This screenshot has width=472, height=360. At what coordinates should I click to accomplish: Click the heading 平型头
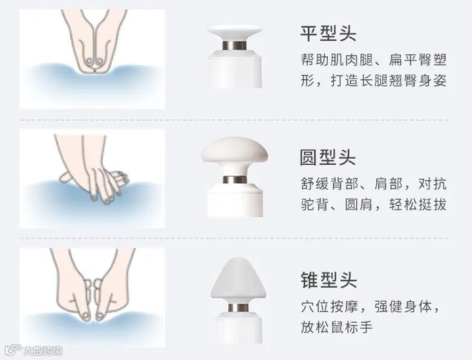pos(328,33)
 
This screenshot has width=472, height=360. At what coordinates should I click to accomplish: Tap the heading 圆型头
pos(328,157)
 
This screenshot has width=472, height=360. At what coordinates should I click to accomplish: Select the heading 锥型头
pos(328,280)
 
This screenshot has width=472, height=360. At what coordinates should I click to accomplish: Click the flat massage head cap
pos(235,32)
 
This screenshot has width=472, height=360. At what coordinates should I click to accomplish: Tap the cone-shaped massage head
pos(238,281)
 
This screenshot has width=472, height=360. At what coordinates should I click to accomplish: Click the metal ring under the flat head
pos(235,45)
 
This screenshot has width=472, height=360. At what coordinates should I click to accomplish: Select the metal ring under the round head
pos(235,180)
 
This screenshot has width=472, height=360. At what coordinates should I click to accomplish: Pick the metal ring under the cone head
pos(238,308)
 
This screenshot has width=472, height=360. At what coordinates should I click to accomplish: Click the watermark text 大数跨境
pos(43,351)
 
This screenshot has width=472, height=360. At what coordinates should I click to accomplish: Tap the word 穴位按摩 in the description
pos(330,307)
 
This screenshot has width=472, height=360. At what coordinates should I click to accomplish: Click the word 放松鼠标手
pos(337,327)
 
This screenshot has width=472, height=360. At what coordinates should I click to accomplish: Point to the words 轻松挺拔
pos(418,205)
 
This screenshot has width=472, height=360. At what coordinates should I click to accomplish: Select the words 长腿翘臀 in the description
pos(389,81)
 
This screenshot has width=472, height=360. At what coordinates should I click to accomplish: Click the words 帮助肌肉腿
pos(337,60)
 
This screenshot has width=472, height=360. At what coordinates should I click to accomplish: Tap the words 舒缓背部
pos(330,184)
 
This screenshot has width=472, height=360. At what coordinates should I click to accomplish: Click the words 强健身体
pos(403,307)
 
